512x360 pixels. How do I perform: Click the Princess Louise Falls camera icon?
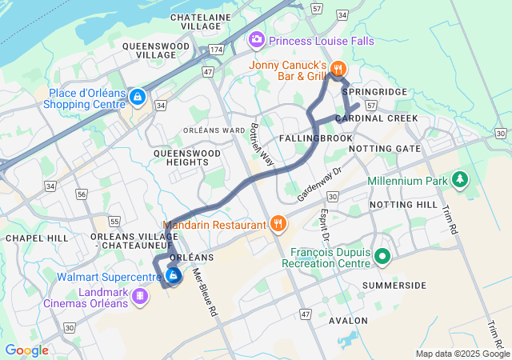coord(257,38)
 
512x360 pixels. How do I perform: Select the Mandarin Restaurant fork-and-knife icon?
coord(278,224)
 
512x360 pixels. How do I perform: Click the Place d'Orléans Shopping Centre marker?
coord(138,98)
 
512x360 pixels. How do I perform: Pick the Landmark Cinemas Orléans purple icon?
coord(141,297)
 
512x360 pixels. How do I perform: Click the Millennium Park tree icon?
coord(459,181)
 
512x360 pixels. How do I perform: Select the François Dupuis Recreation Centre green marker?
coord(382,257)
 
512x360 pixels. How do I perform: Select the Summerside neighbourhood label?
coord(394,285)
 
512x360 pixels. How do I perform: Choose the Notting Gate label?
coord(385,149)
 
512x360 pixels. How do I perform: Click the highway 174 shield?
coord(216,50)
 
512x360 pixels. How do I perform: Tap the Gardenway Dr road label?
coord(319,183)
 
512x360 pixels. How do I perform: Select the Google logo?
coord(26,350)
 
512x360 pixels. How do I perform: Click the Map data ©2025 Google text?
coord(462,354)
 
